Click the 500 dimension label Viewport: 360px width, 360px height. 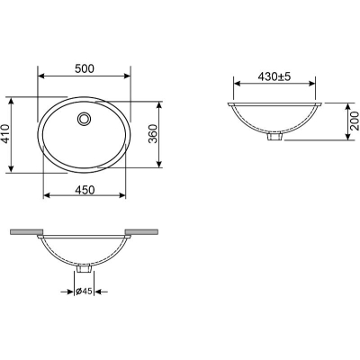85,68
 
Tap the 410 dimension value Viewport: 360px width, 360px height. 5,135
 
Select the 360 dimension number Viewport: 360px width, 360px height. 153,134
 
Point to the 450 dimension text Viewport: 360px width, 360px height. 85,190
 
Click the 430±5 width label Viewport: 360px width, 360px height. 274,76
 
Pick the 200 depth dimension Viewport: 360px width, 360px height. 355,121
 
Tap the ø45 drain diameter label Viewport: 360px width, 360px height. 84,291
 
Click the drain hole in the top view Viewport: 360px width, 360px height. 84,118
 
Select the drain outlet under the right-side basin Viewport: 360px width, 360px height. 274,137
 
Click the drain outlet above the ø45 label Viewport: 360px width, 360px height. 84,268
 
